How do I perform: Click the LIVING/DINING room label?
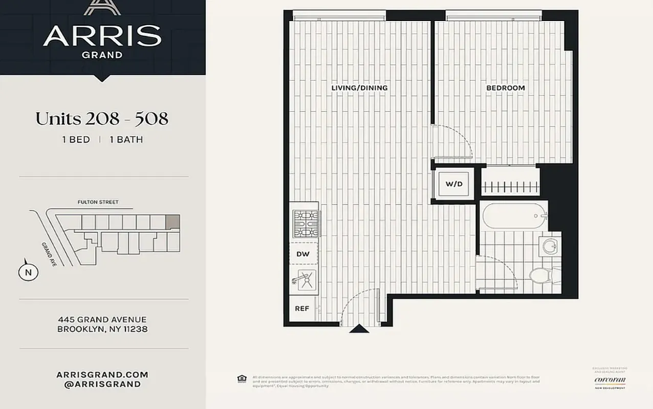point(359,88)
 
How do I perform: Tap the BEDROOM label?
point(505,88)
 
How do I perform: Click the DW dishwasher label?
point(303,254)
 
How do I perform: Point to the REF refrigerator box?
point(302,309)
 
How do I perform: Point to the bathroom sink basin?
point(551,246)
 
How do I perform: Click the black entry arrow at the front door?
point(359,329)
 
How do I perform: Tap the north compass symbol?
point(28,272)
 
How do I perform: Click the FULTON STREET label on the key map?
point(98,202)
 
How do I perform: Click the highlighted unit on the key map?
point(173,222)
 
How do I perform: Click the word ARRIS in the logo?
point(102,36)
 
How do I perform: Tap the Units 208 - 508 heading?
point(102,119)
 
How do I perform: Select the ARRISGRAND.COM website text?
point(102,375)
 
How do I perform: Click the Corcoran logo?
point(610,380)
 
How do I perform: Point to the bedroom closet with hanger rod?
point(510,183)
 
